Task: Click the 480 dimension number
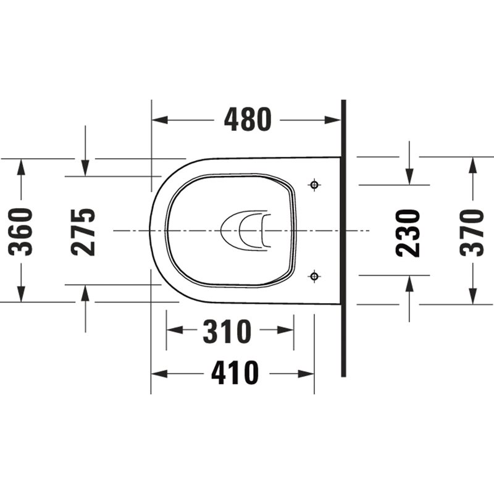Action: tap(248, 120)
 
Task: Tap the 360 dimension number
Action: tap(20, 231)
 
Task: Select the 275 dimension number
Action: tap(83, 232)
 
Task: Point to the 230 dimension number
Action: tap(408, 233)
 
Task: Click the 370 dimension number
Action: tap(472, 233)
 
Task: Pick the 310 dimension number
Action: tap(227, 331)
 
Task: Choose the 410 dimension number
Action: tap(235, 373)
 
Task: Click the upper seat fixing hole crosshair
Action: tap(314, 185)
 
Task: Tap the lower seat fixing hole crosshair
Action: tap(314, 276)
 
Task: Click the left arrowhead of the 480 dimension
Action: tap(160, 120)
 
